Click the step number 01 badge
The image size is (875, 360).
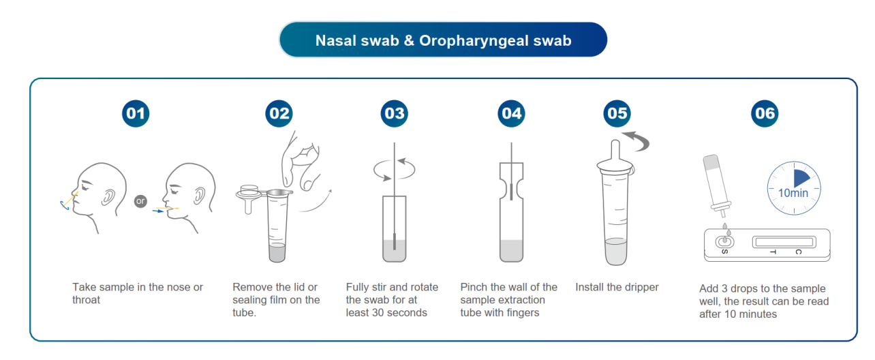[136, 113]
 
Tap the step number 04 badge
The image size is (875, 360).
[511, 113]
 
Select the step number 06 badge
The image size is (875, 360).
[765, 113]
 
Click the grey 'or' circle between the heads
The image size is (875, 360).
[140, 201]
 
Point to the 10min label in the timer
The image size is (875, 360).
[793, 193]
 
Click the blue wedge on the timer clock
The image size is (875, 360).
[801, 179]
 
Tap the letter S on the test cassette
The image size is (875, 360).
[724, 252]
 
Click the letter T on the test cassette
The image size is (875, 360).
[773, 252]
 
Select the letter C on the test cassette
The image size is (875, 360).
[799, 252]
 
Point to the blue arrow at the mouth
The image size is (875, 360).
[158, 211]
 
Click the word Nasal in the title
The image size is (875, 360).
[337, 41]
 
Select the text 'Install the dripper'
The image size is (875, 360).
[617, 287]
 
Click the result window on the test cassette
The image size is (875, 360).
[784, 242]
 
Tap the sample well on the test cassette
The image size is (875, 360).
[724, 241]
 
